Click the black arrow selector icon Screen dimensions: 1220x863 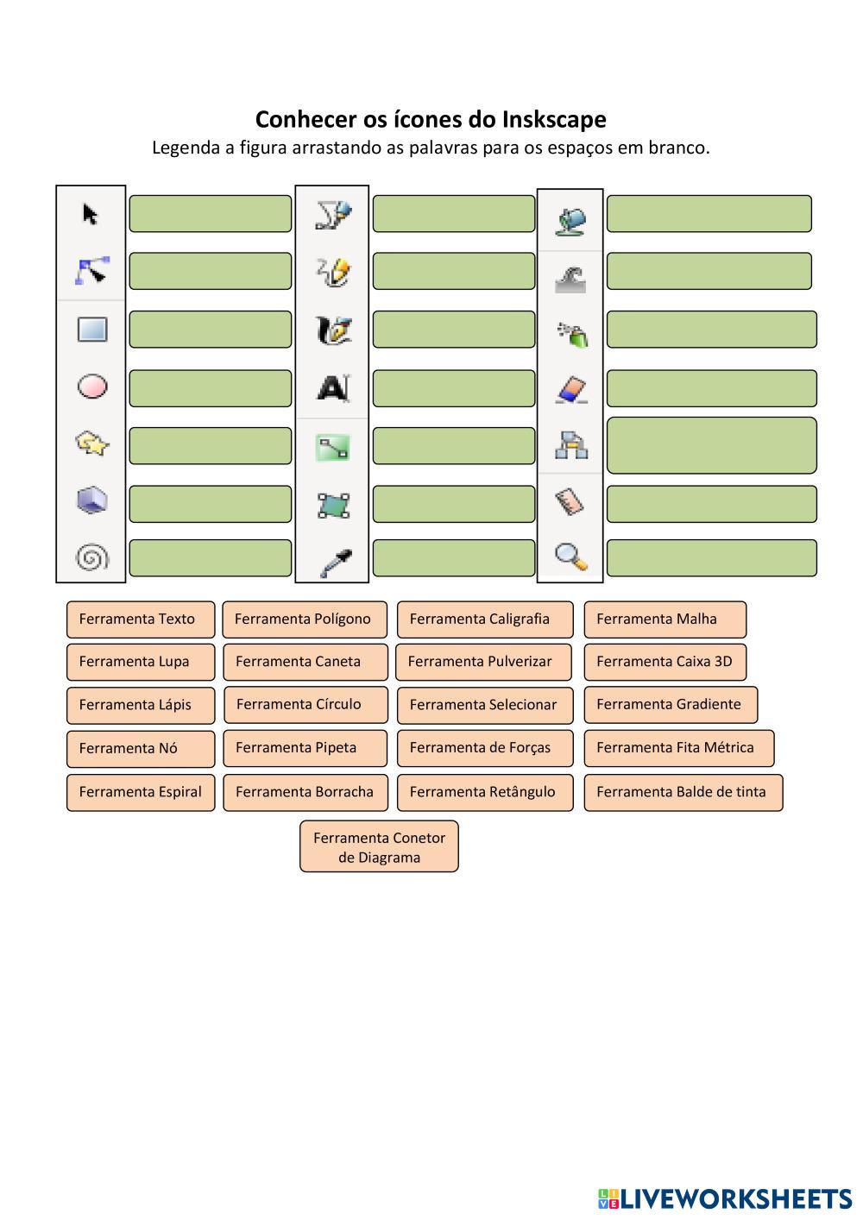[90, 213]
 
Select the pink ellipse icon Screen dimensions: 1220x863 [92, 387]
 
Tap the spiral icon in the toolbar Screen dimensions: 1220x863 [92, 557]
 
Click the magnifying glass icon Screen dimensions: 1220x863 [570, 557]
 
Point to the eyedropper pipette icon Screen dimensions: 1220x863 [333, 562]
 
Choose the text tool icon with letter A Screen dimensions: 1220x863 [332, 388]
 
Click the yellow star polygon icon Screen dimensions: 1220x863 [92, 443]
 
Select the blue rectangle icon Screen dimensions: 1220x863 [92, 329]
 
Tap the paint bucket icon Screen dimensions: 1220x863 [570, 220]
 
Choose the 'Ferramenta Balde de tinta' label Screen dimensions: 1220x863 [683, 792]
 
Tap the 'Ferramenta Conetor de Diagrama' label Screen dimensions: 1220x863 [379, 846]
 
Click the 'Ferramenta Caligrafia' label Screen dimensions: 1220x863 [484, 619]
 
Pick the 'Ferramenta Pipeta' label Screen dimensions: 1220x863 [305, 748]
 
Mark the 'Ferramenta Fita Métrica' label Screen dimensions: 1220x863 [678, 748]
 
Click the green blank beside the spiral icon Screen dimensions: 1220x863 [210, 558]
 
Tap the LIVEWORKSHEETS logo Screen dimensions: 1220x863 [725, 1198]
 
